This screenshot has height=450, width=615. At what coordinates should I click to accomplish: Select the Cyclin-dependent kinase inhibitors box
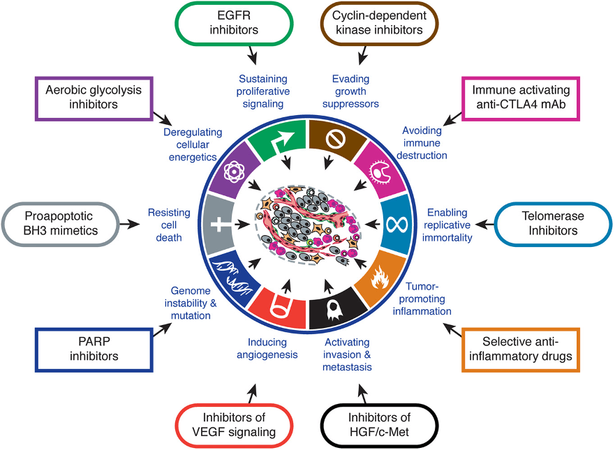coord(381,22)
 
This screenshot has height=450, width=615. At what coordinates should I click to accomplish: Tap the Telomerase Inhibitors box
coord(553,223)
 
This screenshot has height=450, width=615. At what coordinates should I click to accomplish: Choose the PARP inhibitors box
coord(94,348)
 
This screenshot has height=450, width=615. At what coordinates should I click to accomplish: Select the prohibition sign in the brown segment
coord(336,140)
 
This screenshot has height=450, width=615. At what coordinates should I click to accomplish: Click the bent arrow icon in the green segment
coord(281,142)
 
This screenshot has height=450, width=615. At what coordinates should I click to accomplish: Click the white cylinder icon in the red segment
coord(280,307)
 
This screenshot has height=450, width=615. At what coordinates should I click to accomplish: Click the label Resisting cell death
coord(165,225)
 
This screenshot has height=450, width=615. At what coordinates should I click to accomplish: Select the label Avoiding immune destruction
coord(422,142)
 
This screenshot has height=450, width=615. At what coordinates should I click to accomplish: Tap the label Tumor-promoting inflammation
coord(422,298)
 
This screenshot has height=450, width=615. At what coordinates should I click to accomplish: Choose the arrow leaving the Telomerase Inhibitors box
coord(482,225)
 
